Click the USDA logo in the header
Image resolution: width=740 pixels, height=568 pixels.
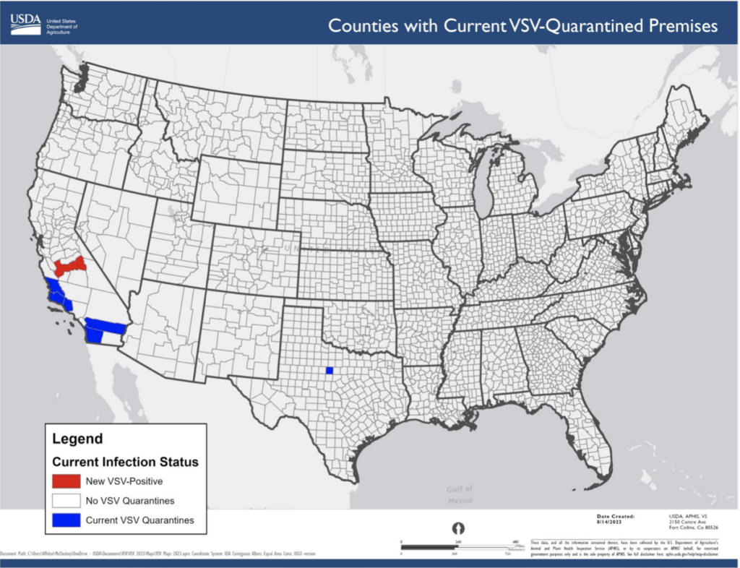coord(25,24)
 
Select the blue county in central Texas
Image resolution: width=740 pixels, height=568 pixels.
coord(329,371)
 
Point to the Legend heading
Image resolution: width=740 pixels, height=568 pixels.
coord(77,439)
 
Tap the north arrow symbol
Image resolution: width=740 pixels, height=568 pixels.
coord(457,528)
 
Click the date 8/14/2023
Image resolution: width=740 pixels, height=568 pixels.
coord(608,521)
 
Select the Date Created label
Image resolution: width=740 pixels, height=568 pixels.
coord(616,516)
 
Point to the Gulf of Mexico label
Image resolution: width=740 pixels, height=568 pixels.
coord(460,494)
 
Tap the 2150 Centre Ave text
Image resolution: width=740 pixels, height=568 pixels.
coord(687,521)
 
